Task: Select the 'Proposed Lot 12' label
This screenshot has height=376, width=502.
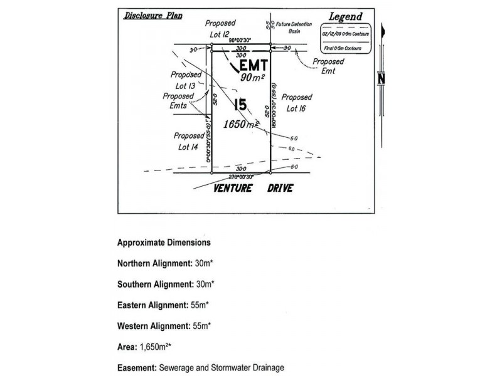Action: [219, 27]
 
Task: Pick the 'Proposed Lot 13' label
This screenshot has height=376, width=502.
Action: [186, 80]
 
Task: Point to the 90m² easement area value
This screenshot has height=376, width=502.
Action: [253, 77]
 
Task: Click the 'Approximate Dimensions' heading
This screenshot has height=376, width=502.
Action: [164, 242]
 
